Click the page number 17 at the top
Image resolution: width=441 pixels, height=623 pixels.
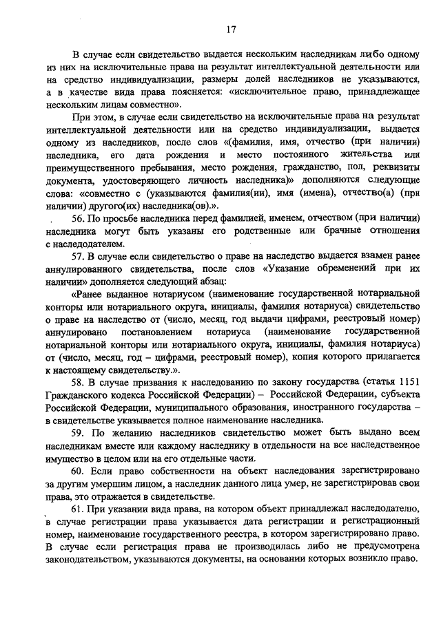[231, 30]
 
